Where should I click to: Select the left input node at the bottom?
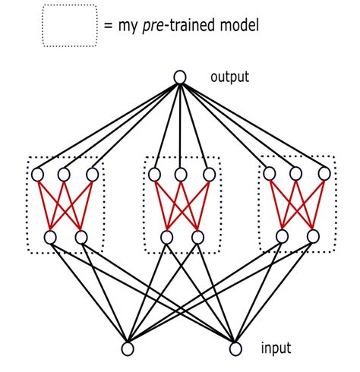pos(128,348)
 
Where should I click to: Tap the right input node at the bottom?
pos(235,348)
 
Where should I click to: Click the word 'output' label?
pos(230,77)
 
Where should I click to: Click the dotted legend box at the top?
pos(70,25)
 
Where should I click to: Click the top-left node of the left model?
pos(38,175)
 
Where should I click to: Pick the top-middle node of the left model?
pos(65,175)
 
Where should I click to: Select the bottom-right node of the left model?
pos(81,237)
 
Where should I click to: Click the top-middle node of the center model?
pos(181,175)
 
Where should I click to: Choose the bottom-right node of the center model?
pos(197,237)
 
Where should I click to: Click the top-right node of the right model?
pos(324,174)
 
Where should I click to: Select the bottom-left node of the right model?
pos(282,236)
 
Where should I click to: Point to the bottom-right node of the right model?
pos(313,236)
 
